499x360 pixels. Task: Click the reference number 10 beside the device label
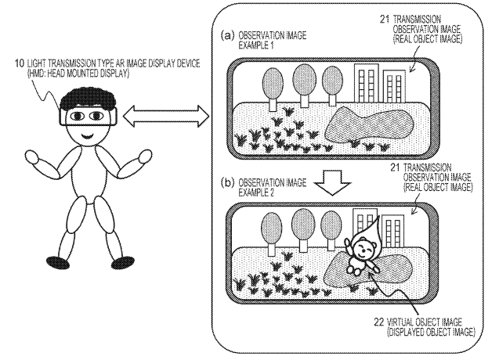[20, 63]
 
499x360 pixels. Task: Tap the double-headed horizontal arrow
[166, 116]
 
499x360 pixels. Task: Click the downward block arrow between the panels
[332, 182]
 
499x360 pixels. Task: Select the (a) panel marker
[227, 35]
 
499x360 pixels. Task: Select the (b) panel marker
[227, 183]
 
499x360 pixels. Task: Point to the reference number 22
[379, 322]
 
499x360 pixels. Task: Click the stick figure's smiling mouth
[88, 136]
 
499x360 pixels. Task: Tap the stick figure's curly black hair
[88, 100]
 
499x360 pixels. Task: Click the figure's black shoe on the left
[58, 261]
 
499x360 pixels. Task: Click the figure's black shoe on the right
[122, 262]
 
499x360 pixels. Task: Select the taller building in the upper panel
[367, 83]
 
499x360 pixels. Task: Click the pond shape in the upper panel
[369, 126]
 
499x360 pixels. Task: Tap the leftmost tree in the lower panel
[272, 234]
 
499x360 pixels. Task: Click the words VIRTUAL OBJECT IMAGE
[425, 322]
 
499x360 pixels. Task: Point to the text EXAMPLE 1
[256, 45]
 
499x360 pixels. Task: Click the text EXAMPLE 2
[256, 193]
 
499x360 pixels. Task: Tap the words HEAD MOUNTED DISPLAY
[85, 74]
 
